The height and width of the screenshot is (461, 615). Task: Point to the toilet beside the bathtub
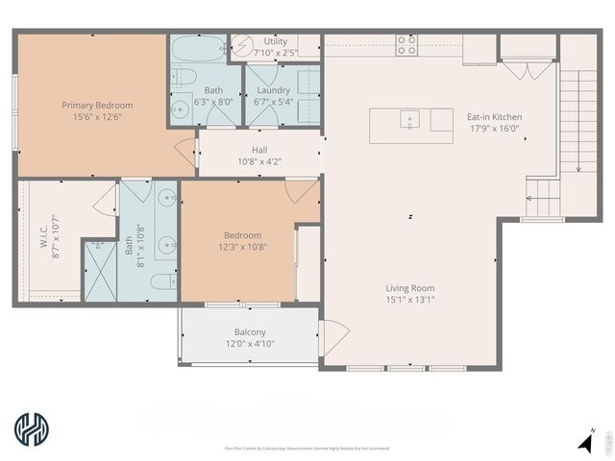(187, 77)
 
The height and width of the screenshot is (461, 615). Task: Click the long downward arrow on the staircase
(578, 125)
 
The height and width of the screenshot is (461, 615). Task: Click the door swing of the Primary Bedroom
(185, 149)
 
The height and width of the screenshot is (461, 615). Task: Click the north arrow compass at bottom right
(585, 442)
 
